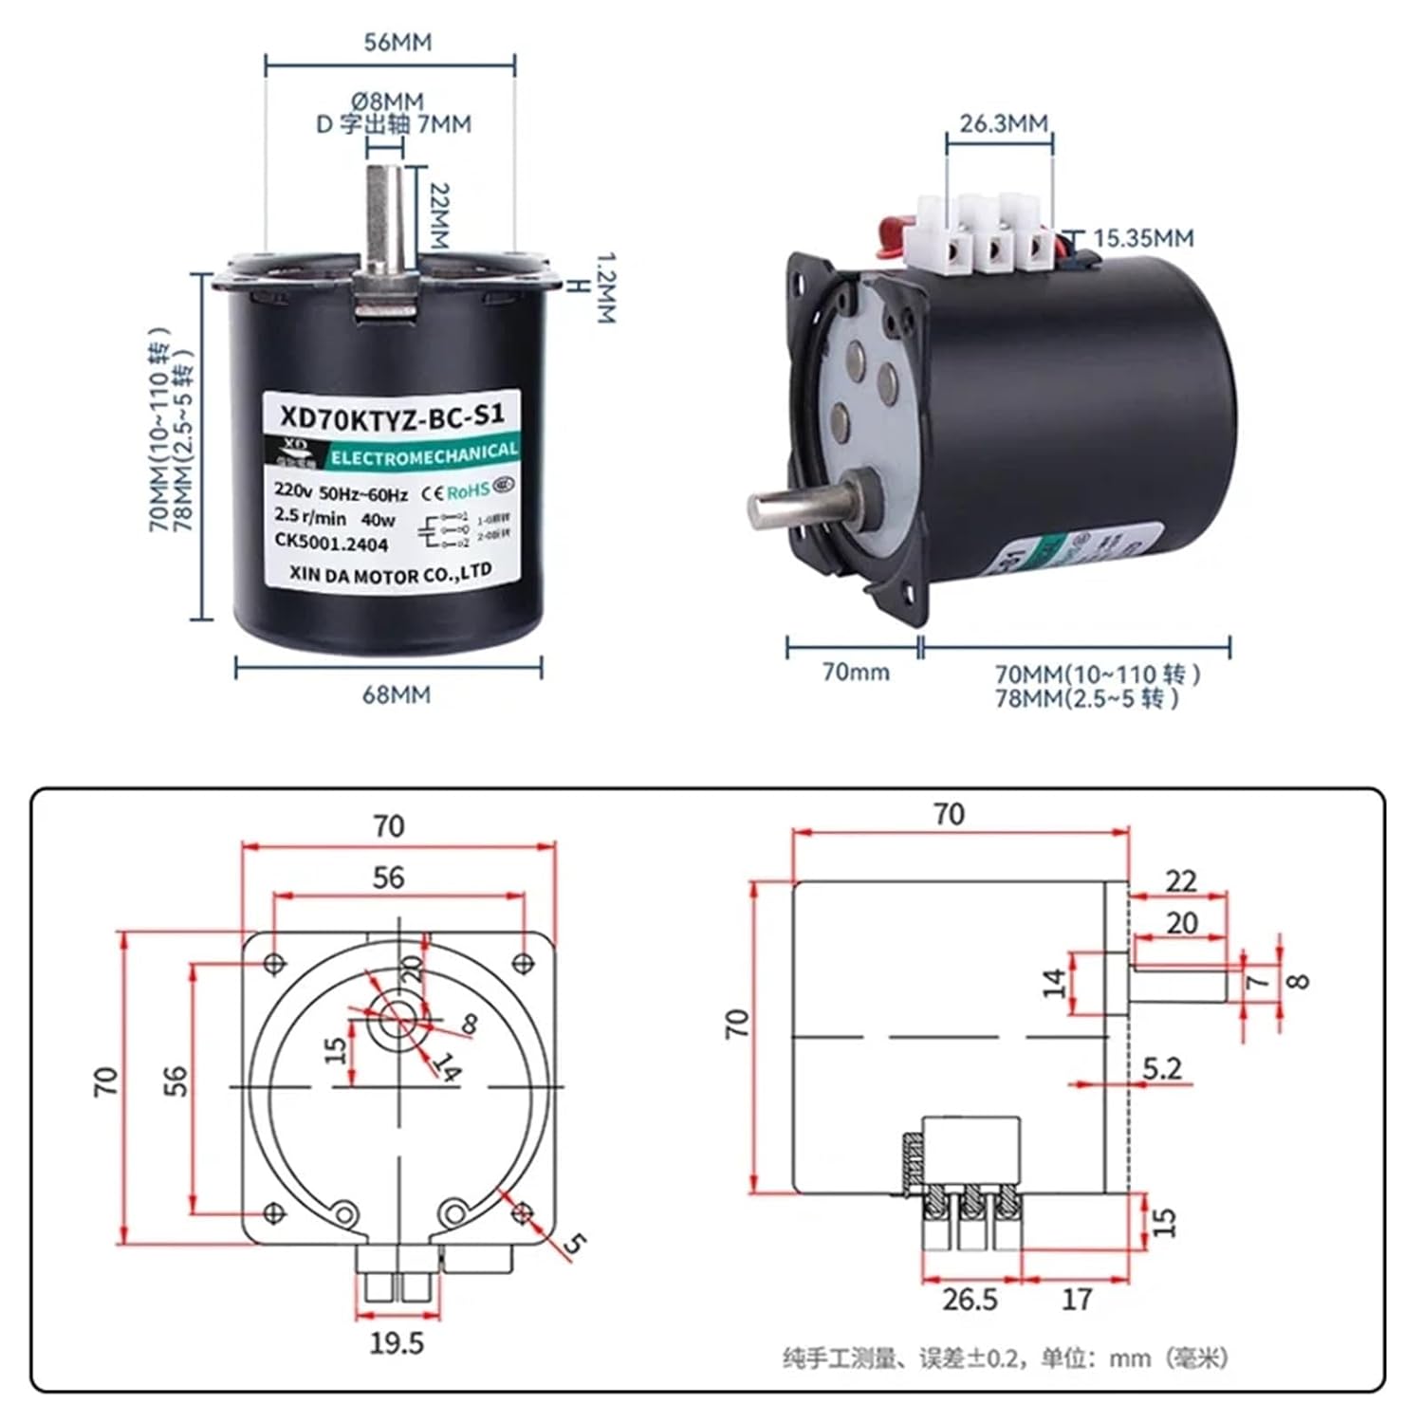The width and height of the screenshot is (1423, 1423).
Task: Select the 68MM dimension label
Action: (x=396, y=695)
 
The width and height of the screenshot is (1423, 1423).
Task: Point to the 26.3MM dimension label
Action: (x=1003, y=124)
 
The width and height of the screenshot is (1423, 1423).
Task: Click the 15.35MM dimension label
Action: (x=1143, y=238)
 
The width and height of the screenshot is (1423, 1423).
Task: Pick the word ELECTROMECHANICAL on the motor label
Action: (x=423, y=454)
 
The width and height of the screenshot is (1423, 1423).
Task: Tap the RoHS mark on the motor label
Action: (x=468, y=490)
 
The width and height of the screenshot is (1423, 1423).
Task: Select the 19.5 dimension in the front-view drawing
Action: (x=397, y=1343)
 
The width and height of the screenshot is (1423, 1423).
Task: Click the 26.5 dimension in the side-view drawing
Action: (x=970, y=1299)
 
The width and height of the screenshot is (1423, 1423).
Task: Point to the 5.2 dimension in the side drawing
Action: (x=1161, y=1069)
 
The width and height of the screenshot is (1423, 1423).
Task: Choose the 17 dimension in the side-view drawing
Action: (x=1076, y=1299)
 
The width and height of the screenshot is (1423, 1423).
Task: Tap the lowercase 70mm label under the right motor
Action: (x=856, y=673)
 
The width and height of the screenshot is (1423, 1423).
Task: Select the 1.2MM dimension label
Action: (x=605, y=287)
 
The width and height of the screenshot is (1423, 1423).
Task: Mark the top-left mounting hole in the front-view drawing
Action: (x=274, y=964)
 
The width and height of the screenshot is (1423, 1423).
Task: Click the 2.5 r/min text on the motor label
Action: (x=310, y=518)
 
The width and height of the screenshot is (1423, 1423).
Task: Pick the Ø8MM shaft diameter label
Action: (x=387, y=101)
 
